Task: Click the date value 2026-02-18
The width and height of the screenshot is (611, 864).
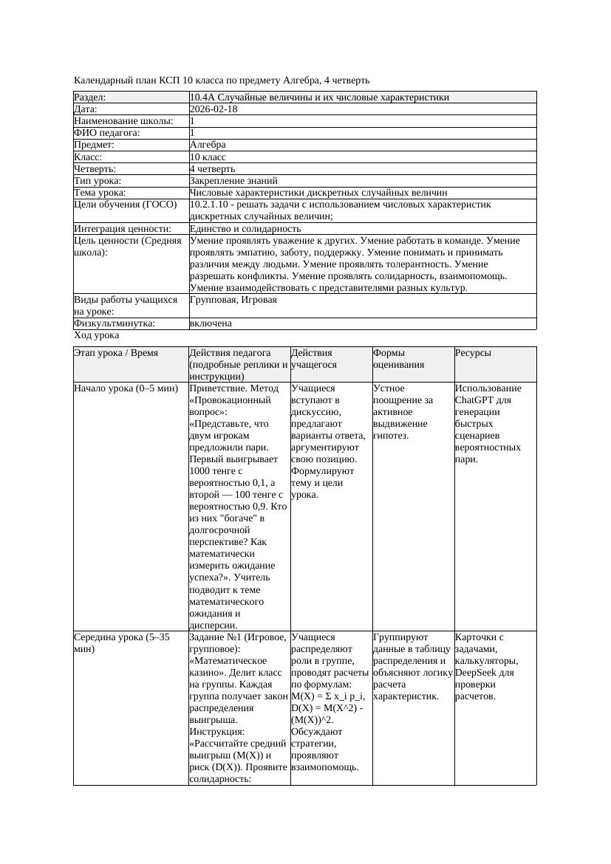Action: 214,109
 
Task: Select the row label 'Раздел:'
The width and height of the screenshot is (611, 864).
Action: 90,97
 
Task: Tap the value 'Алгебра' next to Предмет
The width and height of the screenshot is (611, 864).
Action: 208,145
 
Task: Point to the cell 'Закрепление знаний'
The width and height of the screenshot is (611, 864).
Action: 233,181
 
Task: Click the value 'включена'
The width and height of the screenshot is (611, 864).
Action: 211,323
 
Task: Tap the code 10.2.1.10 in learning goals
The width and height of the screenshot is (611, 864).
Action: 211,205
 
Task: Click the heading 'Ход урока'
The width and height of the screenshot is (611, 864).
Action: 96,335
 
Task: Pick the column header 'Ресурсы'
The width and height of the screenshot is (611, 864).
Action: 473,354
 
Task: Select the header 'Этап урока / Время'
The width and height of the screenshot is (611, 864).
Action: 116,354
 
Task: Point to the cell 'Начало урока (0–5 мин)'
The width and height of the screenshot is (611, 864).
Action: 126,388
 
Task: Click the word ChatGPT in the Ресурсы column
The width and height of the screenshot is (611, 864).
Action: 477,400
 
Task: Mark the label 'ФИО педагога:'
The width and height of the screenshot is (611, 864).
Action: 107,133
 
